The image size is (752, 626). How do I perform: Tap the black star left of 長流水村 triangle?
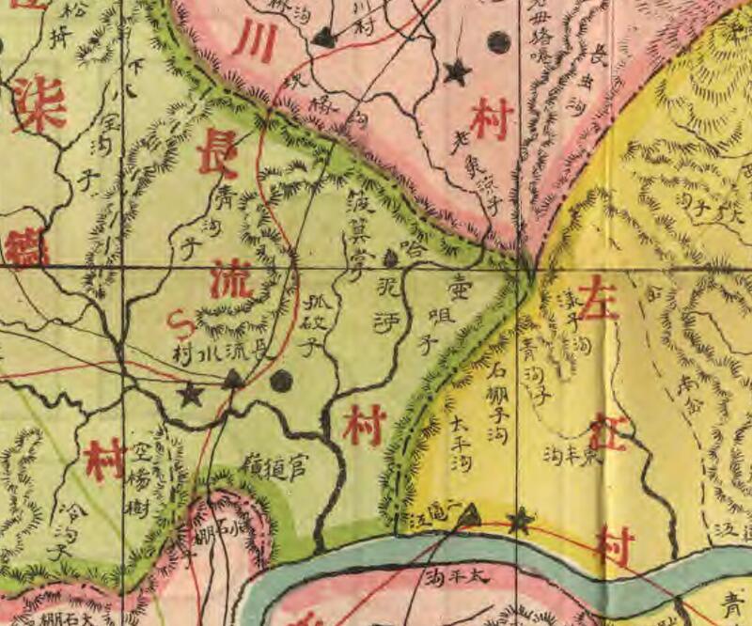point(192,393)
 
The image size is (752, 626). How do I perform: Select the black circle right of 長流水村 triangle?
point(280,381)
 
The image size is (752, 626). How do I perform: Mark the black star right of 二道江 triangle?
point(518,520)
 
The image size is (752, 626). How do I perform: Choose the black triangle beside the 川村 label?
point(324,38)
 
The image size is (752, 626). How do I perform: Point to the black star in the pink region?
point(457,71)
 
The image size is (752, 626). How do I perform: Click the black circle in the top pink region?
point(499,41)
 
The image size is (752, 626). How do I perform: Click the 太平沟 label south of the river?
point(467,578)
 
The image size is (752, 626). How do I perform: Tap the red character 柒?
point(39,101)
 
